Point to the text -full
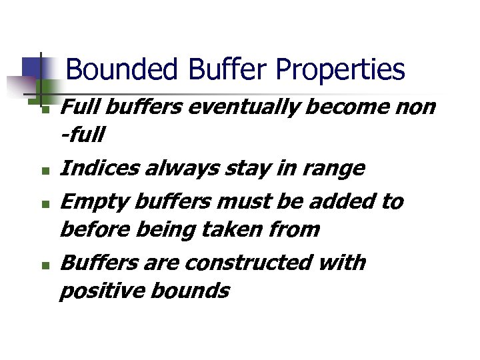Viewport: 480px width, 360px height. [82, 136]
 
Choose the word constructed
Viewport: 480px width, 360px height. [247, 263]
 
